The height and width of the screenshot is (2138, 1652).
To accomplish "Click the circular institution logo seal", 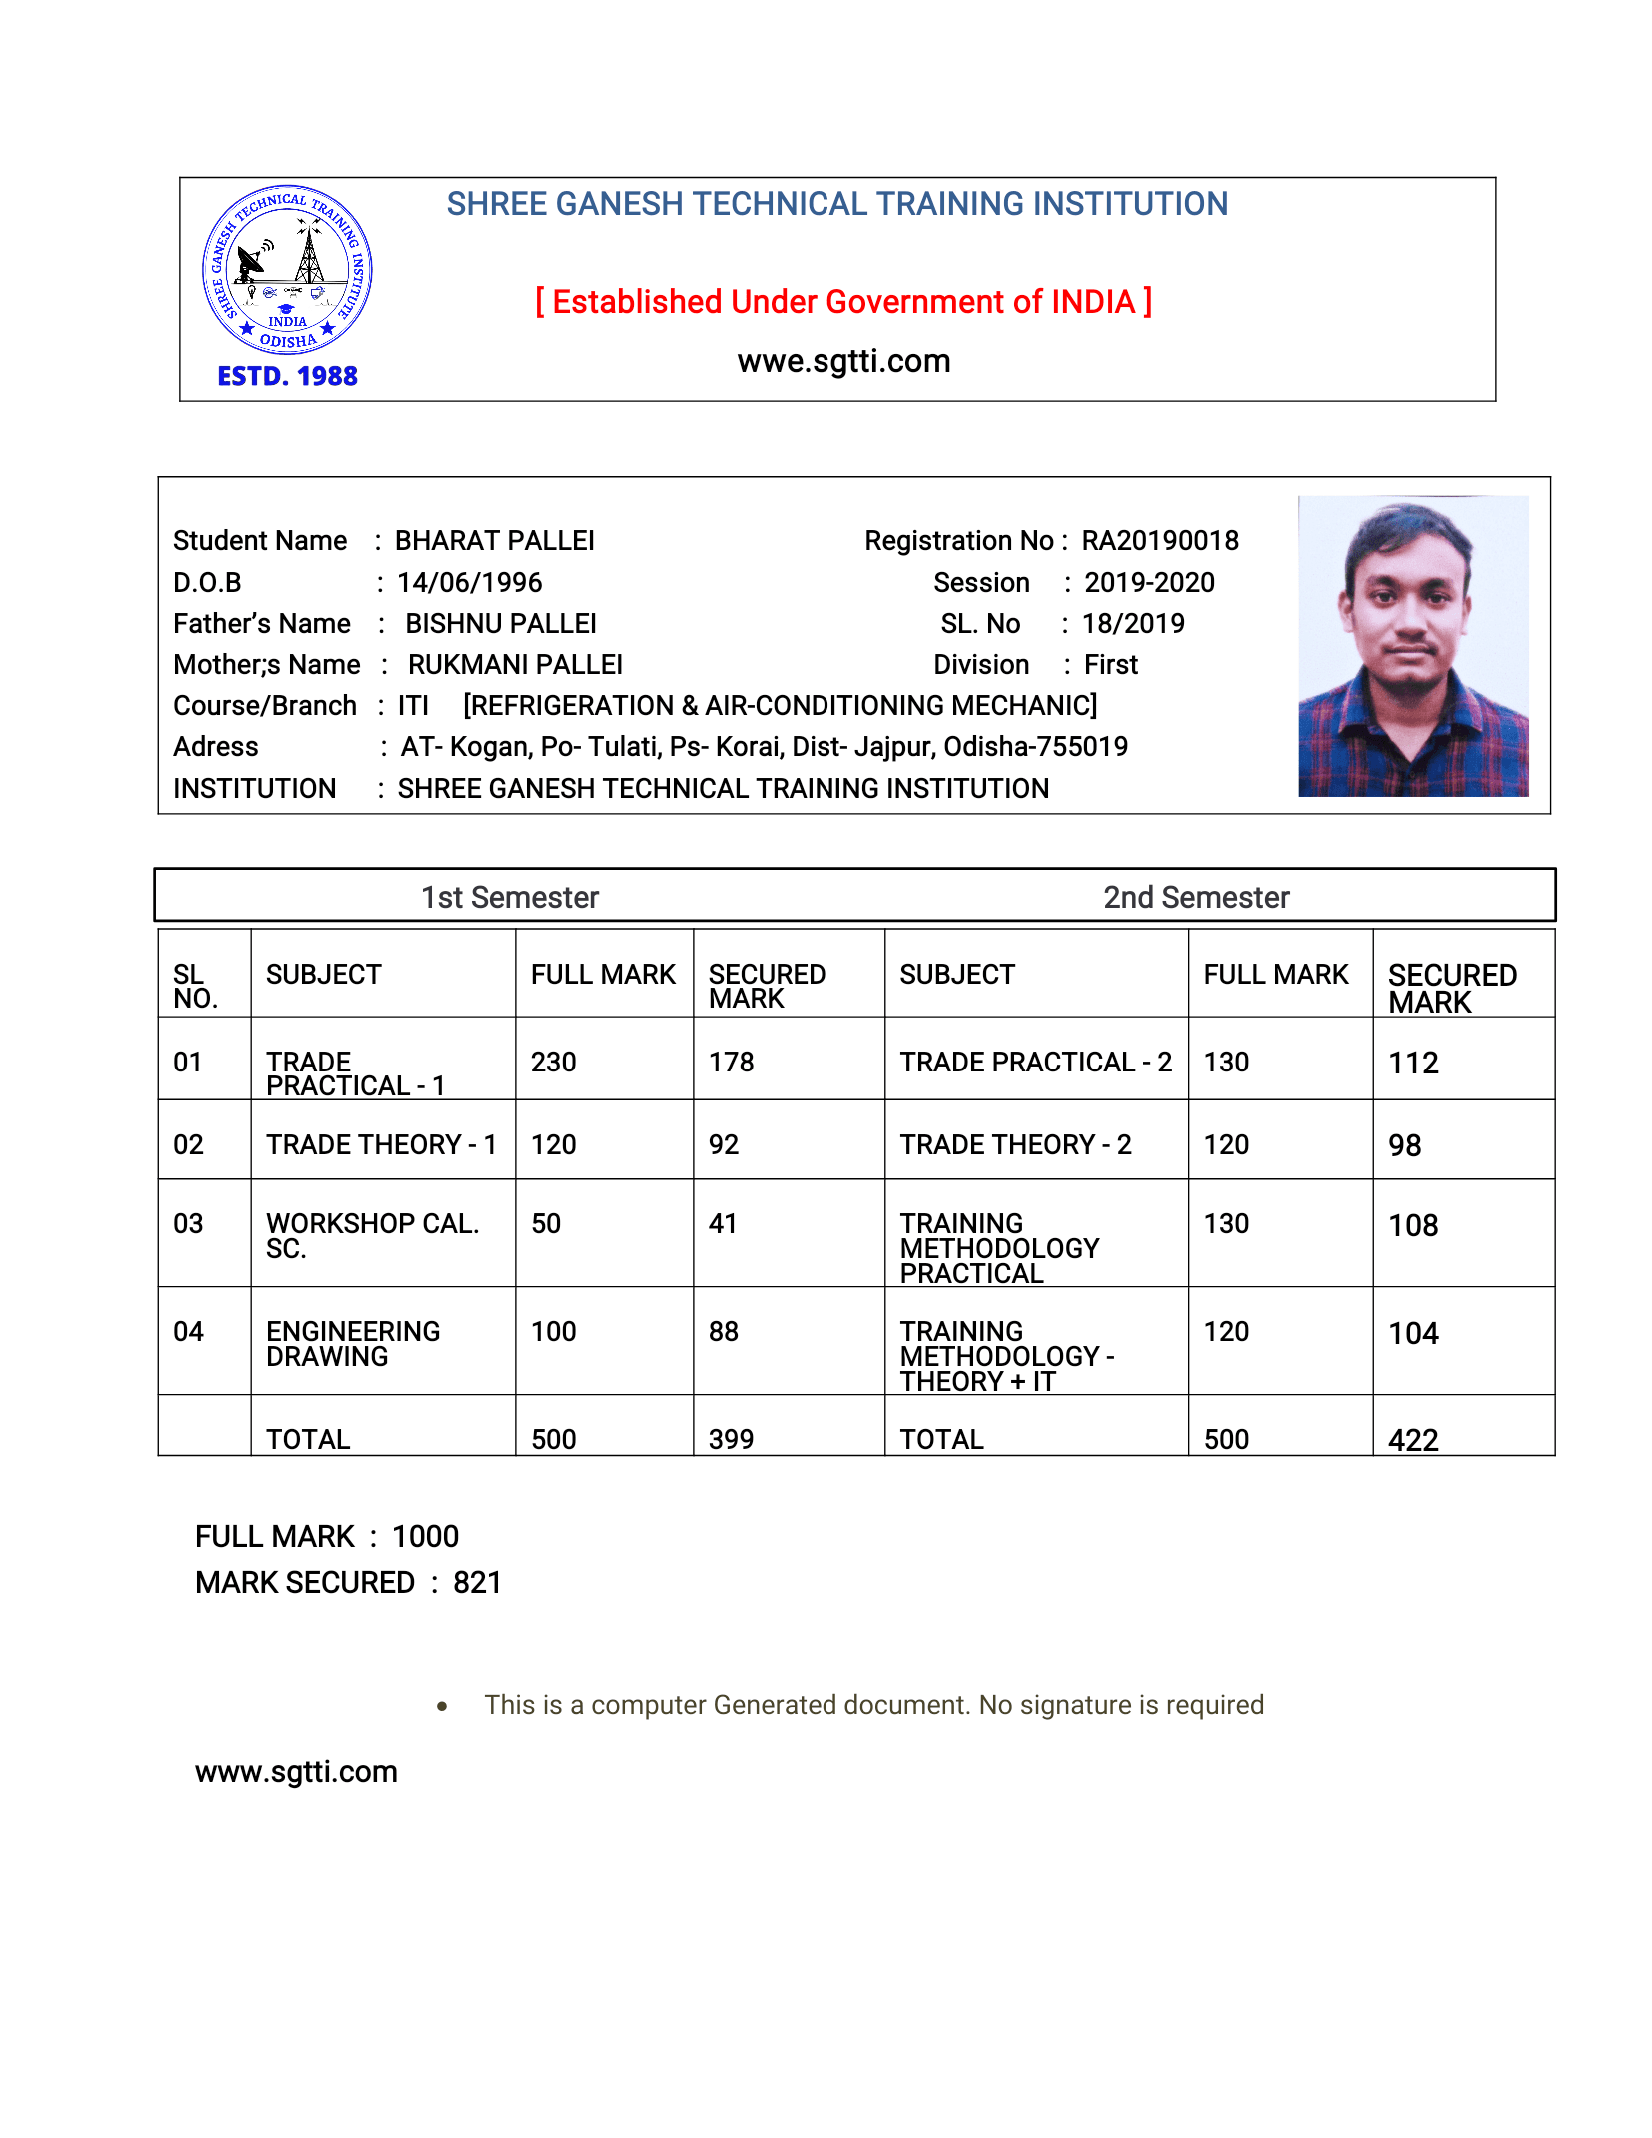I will (x=287, y=270).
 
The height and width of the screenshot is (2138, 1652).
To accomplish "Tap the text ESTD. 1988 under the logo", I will (x=287, y=377).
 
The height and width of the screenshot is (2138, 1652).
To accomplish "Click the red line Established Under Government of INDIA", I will (x=843, y=302).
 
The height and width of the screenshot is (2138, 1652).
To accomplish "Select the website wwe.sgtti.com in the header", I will (x=843, y=361).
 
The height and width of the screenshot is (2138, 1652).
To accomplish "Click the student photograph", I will (x=1412, y=646).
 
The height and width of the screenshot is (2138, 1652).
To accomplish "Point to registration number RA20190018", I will (x=1160, y=541).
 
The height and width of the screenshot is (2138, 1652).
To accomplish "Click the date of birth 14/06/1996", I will (x=469, y=583).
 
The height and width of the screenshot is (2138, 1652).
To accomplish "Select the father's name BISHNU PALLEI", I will (x=500, y=624).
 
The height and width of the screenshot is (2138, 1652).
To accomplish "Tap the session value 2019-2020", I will (x=1149, y=583).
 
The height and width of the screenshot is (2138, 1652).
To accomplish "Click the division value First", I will (x=1111, y=665).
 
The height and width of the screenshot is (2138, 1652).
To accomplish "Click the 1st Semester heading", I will (x=510, y=898).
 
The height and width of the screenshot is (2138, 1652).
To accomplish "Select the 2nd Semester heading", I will (x=1196, y=898).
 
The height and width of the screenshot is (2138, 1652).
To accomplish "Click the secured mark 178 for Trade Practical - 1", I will (x=731, y=1063).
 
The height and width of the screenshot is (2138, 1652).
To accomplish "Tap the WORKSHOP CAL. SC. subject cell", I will (x=372, y=1235).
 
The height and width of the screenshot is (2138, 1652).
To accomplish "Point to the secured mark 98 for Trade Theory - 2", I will (x=1404, y=1146).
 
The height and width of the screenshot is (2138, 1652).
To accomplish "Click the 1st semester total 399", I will (x=731, y=1440).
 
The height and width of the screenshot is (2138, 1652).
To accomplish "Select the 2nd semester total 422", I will (x=1413, y=1440).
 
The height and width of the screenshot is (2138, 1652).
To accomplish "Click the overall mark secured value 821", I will (x=477, y=1583).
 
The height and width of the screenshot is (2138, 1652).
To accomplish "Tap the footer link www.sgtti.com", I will (x=296, y=1772).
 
